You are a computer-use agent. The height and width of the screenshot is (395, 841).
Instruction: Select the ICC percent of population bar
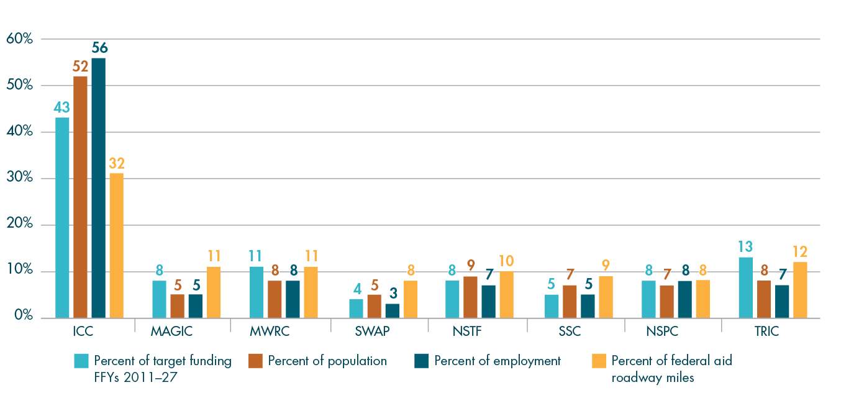[80, 197]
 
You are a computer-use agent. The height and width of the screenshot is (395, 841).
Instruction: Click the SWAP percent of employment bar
[392, 310]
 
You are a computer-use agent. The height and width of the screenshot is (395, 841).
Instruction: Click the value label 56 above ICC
[99, 47]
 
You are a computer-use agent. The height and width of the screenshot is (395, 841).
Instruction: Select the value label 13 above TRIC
[746, 246]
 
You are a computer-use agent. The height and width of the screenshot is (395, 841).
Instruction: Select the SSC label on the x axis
[569, 332]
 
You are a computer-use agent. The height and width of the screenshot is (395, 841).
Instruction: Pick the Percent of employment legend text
[498, 361]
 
